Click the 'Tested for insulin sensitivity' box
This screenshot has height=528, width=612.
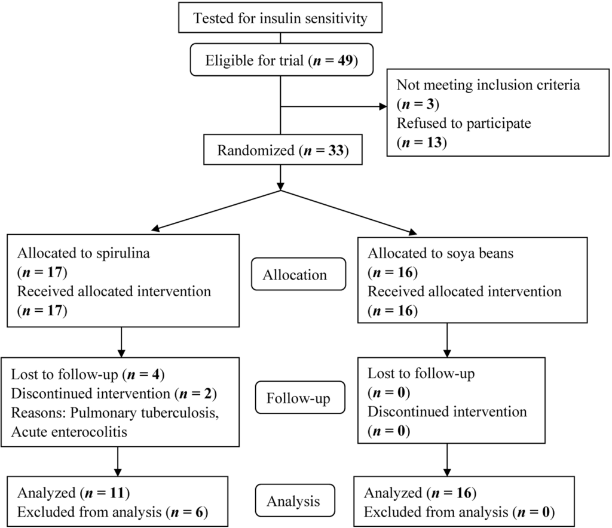[x=280, y=17]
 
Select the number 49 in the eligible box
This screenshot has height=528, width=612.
[x=345, y=60]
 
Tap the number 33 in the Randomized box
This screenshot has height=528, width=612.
[x=336, y=150]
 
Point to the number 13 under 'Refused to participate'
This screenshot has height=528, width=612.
[x=434, y=142]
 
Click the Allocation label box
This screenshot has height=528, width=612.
[x=299, y=274]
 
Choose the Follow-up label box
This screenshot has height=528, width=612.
[x=300, y=397]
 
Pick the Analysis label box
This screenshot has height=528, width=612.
[x=295, y=501]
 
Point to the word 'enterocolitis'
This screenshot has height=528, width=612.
[x=91, y=432]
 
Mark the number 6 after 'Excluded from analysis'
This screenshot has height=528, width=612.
[x=199, y=512]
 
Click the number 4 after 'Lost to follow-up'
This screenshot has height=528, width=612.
[x=156, y=374]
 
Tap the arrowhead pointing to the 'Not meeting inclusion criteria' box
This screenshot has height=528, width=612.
[x=383, y=106]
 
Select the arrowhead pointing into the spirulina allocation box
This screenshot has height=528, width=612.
[x=155, y=229]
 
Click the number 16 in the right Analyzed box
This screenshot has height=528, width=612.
[x=464, y=493]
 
